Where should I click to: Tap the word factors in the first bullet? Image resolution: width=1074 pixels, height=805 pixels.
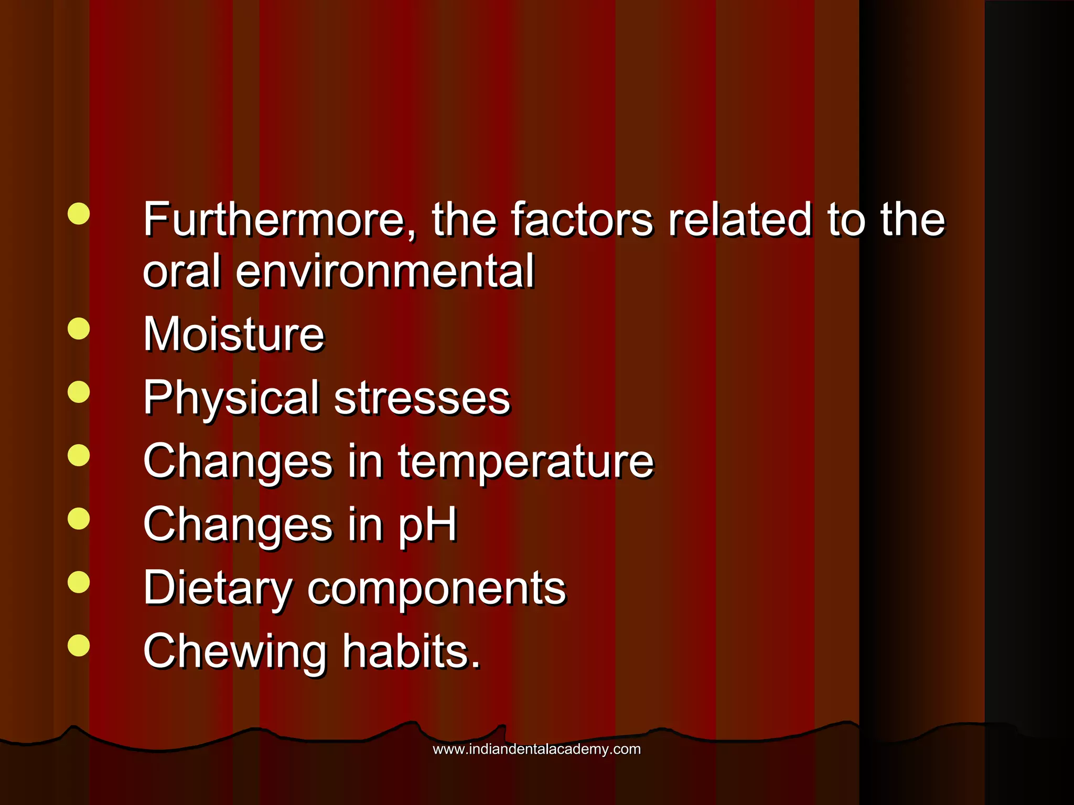tap(582, 220)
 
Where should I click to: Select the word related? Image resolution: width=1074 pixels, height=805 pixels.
tap(740, 220)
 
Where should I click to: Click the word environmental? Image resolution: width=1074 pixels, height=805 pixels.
tap(385, 271)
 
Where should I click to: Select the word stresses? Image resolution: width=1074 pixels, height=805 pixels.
tap(422, 398)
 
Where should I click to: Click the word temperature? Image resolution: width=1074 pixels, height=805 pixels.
tap(526, 462)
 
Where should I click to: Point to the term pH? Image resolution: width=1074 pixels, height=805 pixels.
tap(427, 525)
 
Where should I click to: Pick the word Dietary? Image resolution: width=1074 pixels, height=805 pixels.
tap(218, 588)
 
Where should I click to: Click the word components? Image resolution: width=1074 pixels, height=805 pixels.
tap(437, 588)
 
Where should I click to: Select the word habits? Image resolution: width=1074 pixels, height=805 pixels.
tap(412, 651)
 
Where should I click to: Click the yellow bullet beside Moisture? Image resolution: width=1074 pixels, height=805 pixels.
tap(79, 329)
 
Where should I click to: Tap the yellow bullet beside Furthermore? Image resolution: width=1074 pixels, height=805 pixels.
tap(79, 214)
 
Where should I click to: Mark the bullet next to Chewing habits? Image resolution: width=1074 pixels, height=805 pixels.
tap(79, 645)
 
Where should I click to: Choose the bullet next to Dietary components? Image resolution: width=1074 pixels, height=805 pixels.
tap(79, 582)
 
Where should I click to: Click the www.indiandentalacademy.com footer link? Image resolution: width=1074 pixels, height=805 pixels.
tap(536, 749)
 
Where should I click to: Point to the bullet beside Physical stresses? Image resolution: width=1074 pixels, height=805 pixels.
tap(79, 392)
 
